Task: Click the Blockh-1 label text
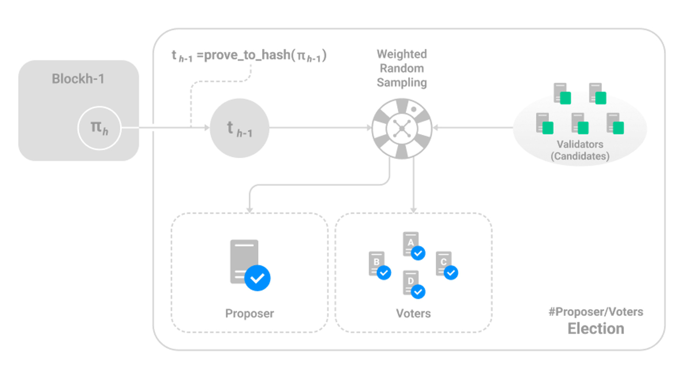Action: pos(78,79)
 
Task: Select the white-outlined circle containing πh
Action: pos(99,128)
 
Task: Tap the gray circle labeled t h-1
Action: pos(239,128)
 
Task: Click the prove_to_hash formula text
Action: pos(249,56)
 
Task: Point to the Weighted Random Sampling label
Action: pos(402,68)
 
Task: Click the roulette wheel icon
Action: pos(402,129)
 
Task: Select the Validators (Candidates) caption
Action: pos(580,150)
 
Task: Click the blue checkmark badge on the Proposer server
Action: pos(257,278)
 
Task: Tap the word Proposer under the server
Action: pos(249,313)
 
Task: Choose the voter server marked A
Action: pos(411,244)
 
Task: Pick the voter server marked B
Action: pos(377,263)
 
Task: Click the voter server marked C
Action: pos(443,263)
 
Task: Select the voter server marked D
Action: pos(411,282)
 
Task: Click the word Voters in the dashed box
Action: pos(413,313)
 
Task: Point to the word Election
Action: pos(596,328)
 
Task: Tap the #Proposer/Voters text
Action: pos(596,312)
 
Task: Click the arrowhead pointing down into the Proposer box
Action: pos(250,210)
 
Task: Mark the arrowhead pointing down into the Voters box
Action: pos(414,210)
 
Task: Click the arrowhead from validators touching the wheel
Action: pos(436,128)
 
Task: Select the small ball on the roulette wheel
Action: pos(414,109)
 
